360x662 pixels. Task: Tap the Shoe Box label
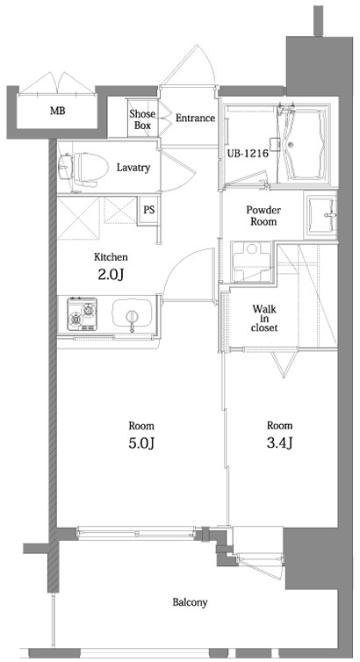coord(142,119)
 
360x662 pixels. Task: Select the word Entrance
coord(195,119)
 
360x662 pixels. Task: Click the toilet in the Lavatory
coord(77,166)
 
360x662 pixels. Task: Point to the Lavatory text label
coord(132,167)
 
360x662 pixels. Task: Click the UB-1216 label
coord(246,153)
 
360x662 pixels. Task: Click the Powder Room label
coord(263,215)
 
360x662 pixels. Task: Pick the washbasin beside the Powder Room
coord(322,213)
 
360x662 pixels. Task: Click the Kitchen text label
coord(112,257)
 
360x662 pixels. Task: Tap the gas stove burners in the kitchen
coord(82,315)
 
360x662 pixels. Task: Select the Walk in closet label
coord(264,319)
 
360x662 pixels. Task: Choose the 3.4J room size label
coord(278,442)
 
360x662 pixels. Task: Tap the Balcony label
coord(190,602)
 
